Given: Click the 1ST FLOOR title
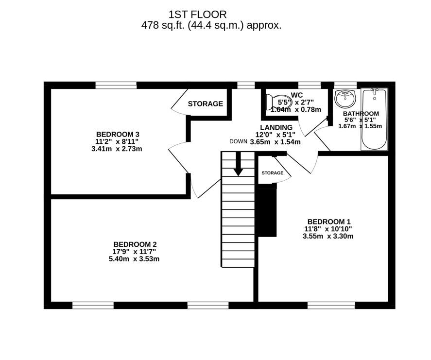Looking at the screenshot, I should coord(197,15).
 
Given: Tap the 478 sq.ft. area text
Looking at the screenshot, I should coord(211,26).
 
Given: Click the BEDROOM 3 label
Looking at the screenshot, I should coord(118,134).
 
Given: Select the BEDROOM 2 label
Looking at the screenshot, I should coord(135,244).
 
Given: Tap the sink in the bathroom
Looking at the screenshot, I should coord(345,99).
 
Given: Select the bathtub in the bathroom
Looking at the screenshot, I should coord(374,120).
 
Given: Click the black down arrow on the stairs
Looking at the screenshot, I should coord(238,165).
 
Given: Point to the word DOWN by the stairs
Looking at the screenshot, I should coord(238,142).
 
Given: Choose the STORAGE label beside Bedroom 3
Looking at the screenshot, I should coord(205,103).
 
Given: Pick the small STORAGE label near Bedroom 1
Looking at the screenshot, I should coord(272,173).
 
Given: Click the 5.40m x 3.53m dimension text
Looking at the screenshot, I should coord(134,259).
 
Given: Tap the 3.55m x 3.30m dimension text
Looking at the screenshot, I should coord(328,237).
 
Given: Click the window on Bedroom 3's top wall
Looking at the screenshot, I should coord(116,86).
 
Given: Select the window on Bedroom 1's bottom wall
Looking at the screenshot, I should coord(331,305).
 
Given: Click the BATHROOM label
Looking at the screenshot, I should coord(361,114).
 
